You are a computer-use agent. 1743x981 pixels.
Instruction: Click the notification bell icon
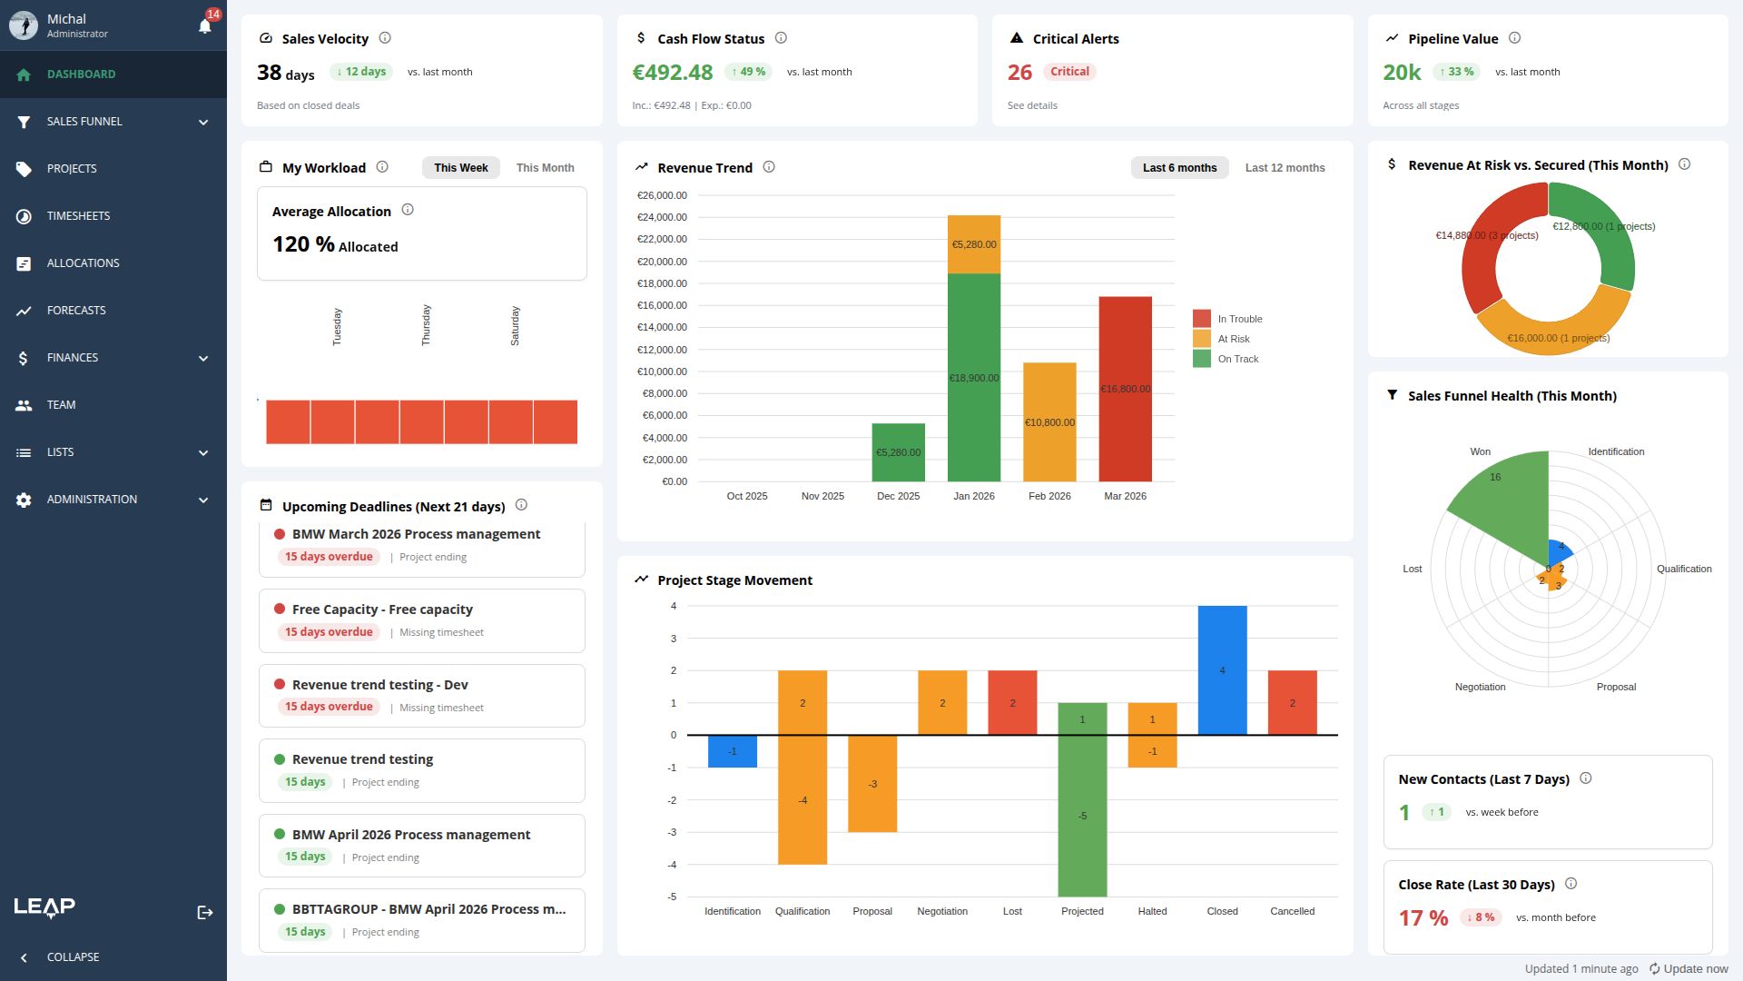coord(205,25)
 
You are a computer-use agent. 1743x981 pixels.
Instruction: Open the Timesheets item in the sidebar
coord(78,216)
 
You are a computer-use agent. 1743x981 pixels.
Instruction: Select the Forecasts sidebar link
coord(76,311)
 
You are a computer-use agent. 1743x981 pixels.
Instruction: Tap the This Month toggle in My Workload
coord(545,168)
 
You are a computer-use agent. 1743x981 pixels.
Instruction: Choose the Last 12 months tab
coord(1285,168)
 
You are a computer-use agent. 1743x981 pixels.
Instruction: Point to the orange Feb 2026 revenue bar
coord(1049,421)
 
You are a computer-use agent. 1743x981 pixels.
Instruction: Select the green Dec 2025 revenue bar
coord(898,451)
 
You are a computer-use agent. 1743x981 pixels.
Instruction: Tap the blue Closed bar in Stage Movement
coord(1222,669)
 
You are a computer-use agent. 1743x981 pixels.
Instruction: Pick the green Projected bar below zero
coord(1082,815)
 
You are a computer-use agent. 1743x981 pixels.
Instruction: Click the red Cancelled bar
coord(1292,702)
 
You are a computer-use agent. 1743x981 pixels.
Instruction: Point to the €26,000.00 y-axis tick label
coord(662,195)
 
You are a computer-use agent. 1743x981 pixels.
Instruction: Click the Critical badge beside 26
coord(1069,72)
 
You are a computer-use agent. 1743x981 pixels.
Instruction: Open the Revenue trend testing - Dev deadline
coord(379,685)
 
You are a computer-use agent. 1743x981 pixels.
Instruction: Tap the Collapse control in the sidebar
coord(73,957)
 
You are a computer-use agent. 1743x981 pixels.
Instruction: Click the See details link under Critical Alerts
coord(1032,106)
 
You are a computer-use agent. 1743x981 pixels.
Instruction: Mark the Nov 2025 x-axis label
coord(822,496)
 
